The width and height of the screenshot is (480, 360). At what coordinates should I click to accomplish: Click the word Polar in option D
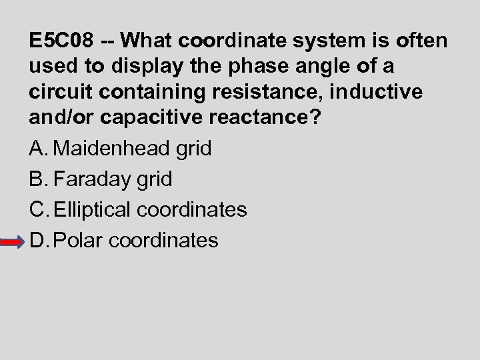(x=77, y=240)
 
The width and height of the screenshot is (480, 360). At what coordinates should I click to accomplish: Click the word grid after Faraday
(x=155, y=179)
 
